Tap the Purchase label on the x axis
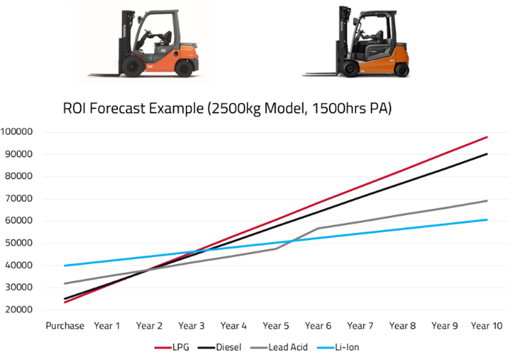point(65,326)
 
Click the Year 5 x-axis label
point(276,326)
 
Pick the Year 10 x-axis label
point(487,326)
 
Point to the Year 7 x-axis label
point(360,326)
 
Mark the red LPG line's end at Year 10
point(487,137)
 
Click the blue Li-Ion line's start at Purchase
point(65,265)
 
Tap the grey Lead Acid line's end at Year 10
point(487,201)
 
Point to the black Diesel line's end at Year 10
point(487,154)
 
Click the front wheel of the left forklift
point(132,68)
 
